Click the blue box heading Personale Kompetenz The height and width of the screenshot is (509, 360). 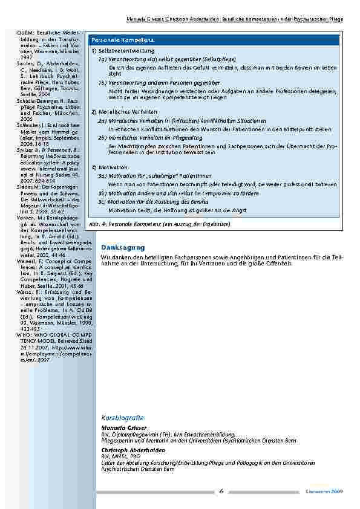coord(115,39)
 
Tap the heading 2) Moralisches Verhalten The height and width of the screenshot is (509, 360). coord(124,112)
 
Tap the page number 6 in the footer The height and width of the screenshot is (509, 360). coord(221,491)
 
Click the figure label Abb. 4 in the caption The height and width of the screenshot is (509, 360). coord(95,224)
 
